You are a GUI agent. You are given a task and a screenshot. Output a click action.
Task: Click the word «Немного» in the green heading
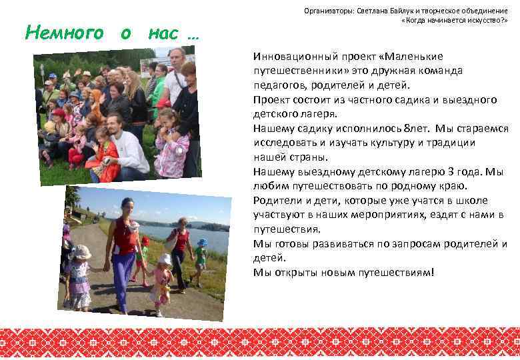[64, 32]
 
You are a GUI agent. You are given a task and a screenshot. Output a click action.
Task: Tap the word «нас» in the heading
[163, 32]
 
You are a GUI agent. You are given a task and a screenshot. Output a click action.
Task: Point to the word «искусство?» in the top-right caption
[486, 20]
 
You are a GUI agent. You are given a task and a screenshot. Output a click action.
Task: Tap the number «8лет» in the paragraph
[390, 129]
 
